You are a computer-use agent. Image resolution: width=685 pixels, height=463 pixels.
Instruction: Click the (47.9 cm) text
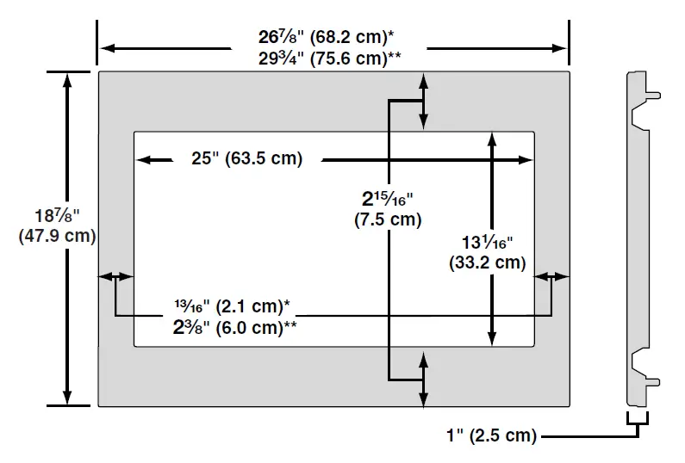56,237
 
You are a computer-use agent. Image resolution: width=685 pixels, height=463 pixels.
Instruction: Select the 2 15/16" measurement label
387,199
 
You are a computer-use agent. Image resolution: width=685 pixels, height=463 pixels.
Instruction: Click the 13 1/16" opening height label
487,243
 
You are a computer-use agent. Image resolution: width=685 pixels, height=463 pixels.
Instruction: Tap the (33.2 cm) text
487,262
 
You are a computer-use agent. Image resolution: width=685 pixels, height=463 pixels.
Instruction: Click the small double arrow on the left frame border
116,276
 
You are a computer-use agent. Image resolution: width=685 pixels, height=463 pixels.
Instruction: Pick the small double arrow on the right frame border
551,276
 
